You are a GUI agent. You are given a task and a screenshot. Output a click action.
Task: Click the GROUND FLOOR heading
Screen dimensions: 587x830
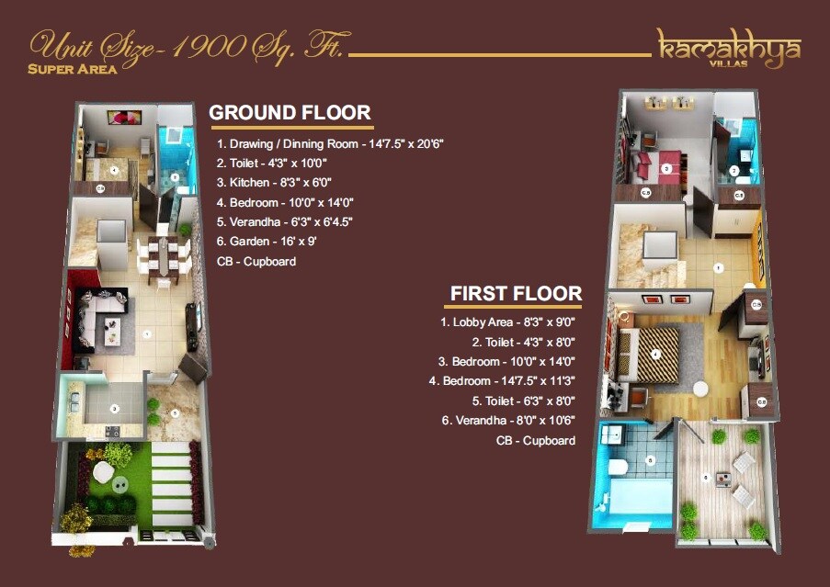coord(290,113)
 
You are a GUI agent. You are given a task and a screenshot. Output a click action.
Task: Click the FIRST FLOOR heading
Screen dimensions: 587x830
coord(516,294)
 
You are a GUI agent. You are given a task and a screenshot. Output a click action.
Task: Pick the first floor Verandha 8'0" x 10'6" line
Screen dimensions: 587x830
coord(508,421)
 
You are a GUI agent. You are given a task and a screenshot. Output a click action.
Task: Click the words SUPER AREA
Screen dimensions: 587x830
coord(73,70)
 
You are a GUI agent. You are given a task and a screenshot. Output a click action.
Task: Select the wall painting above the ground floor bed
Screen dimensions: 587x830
coord(123,117)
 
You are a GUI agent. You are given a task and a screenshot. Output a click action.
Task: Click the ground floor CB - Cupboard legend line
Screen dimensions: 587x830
coord(256,261)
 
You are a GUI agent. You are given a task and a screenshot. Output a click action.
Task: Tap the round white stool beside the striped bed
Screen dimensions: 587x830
coord(700,388)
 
